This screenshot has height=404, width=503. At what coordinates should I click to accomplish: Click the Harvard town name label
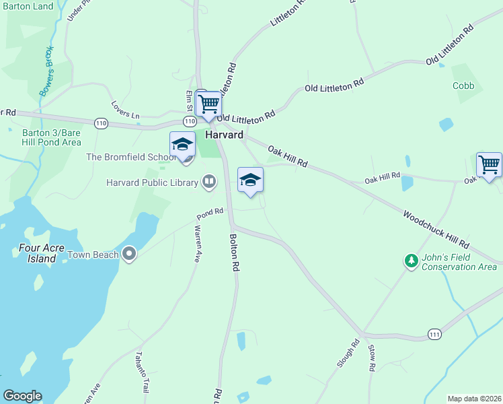coord(224,135)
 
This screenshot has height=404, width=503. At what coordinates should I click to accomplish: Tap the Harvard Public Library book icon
coord(210,182)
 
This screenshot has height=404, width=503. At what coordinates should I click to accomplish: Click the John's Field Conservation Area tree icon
coord(411,260)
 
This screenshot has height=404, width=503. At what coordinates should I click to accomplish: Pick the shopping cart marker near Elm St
coord(209,105)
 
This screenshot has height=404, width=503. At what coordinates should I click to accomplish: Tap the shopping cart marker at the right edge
coord(489,165)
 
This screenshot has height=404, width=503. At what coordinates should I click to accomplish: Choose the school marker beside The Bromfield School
coord(182,145)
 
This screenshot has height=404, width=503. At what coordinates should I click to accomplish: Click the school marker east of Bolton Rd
coord(250,180)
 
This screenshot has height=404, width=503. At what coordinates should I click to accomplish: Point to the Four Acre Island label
coord(42,252)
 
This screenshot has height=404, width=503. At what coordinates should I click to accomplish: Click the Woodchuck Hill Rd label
coord(436,229)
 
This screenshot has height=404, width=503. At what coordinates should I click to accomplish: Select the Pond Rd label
coord(210,213)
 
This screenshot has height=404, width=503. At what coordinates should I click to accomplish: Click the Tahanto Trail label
coord(143,372)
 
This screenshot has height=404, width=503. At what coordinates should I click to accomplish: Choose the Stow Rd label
coord(371,358)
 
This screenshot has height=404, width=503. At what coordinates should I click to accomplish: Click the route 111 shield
coord(434,334)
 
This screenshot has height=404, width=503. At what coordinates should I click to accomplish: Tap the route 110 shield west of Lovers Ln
coord(101,123)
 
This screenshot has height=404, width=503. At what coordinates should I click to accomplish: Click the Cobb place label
coord(463,86)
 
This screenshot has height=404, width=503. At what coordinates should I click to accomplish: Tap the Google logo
coord(22,396)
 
